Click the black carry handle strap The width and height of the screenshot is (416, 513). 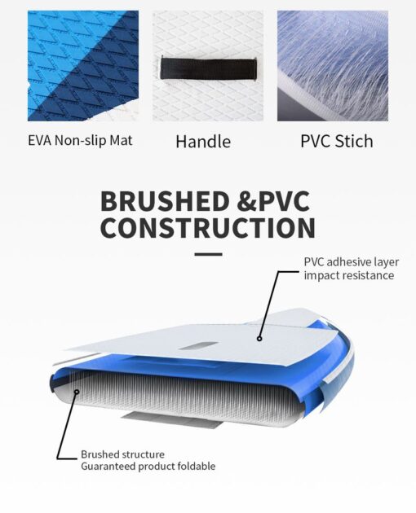pyautogui.click(x=209, y=68)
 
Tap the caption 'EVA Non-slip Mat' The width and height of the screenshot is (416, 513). pyautogui.click(x=80, y=140)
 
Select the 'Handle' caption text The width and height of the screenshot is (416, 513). pyautogui.click(x=203, y=142)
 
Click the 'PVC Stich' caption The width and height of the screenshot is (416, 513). pyautogui.click(x=337, y=142)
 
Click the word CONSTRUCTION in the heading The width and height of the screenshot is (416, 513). pyautogui.click(x=208, y=227)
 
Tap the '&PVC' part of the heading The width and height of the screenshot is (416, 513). pyautogui.click(x=273, y=201)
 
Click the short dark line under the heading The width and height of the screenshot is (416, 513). pyautogui.click(x=208, y=254)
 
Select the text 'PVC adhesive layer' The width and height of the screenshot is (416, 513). pyautogui.click(x=352, y=262)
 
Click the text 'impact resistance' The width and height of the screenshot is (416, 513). pyautogui.click(x=349, y=275)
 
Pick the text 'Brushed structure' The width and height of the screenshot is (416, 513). pyautogui.click(x=122, y=454)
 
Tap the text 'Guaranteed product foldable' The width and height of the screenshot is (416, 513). pyautogui.click(x=148, y=467)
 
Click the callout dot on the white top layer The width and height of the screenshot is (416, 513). pyautogui.click(x=259, y=339)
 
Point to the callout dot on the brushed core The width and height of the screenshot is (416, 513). pyautogui.click(x=77, y=392)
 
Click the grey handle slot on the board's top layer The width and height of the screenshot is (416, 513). pyautogui.click(x=199, y=346)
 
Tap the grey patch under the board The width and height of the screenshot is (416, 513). pyautogui.click(x=172, y=421)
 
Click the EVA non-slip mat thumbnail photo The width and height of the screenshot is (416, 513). pyautogui.click(x=83, y=66)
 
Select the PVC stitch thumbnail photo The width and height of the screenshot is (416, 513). pyautogui.click(x=333, y=66)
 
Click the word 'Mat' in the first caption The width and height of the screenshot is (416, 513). pyautogui.click(x=121, y=140)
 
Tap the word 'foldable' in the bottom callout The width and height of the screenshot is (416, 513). pyautogui.click(x=196, y=467)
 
